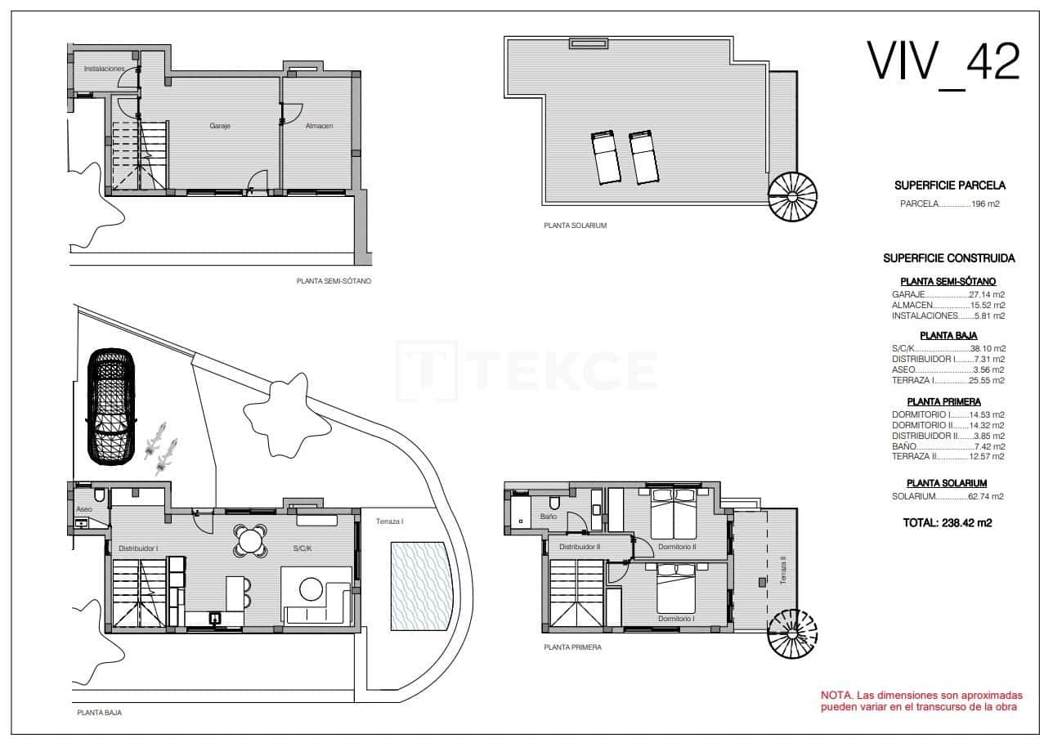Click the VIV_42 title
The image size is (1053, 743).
click(x=943, y=62)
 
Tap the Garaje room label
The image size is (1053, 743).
click(x=219, y=126)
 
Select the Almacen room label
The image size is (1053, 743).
click(x=319, y=126)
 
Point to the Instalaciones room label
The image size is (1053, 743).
click(x=104, y=69)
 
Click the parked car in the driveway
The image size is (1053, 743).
click(x=111, y=406)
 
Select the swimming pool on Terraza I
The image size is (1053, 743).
click(x=419, y=586)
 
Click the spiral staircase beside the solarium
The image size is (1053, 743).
click(x=792, y=197)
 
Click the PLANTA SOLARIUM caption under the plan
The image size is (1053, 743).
click(x=575, y=226)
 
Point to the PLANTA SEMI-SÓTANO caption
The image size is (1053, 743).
click(x=334, y=280)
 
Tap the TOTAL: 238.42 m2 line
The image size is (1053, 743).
click(x=948, y=523)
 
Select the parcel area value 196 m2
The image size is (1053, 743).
click(x=986, y=204)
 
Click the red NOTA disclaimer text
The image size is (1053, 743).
click(x=921, y=700)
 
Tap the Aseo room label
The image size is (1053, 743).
click(x=83, y=509)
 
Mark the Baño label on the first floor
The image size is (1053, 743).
click(x=548, y=517)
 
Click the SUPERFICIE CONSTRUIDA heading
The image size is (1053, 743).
click(x=948, y=258)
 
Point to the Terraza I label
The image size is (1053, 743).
click(x=390, y=521)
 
